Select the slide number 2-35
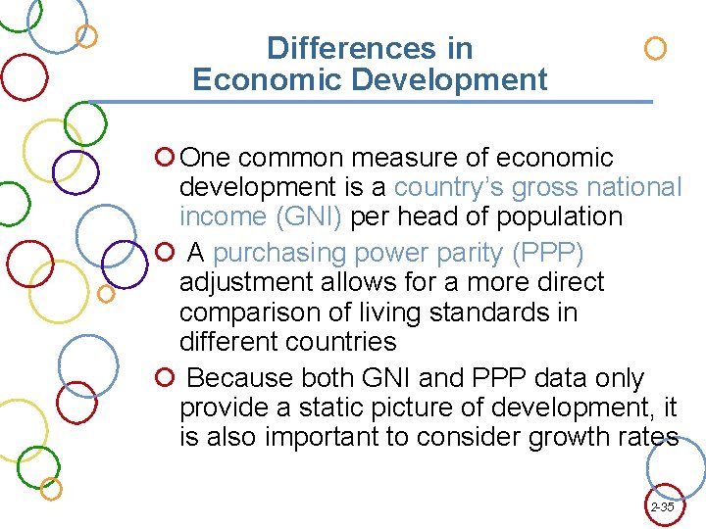pyautogui.click(x=662, y=507)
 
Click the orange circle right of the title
pyautogui.click(x=655, y=48)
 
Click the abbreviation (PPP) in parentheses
pyautogui.click(x=548, y=253)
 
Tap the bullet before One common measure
pyautogui.click(x=166, y=157)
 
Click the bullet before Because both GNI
pyautogui.click(x=166, y=378)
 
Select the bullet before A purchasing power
pyautogui.click(x=166, y=253)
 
